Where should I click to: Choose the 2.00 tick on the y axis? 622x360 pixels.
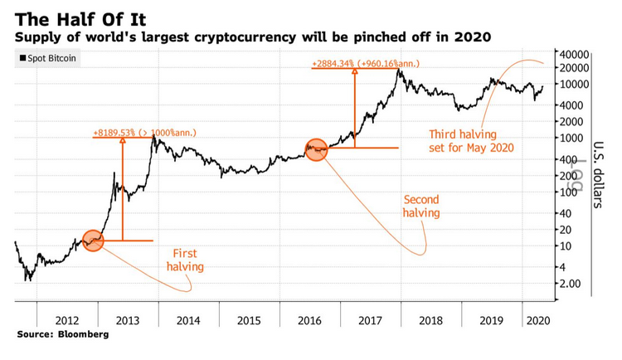click(x=571, y=284)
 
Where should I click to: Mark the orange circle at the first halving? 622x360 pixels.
click(x=93, y=241)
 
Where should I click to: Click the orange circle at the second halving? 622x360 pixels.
click(x=316, y=149)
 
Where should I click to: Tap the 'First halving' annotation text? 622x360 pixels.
click(x=185, y=260)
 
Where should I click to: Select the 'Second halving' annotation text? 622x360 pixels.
click(x=420, y=207)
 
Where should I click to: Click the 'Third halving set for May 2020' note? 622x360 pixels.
click(x=471, y=141)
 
